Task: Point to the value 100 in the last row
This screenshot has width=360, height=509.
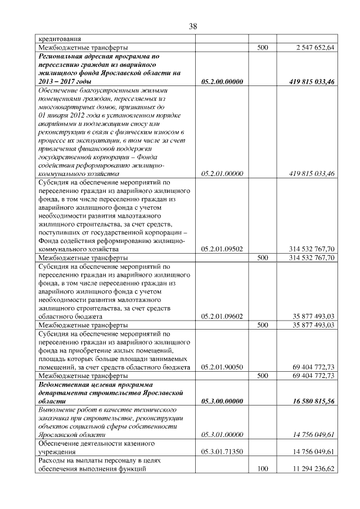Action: [x=262, y=468]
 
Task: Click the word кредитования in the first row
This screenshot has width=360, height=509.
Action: [x=59, y=39]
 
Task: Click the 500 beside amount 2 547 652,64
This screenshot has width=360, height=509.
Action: [x=262, y=48]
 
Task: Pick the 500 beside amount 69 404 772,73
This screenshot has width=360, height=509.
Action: [x=262, y=375]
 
